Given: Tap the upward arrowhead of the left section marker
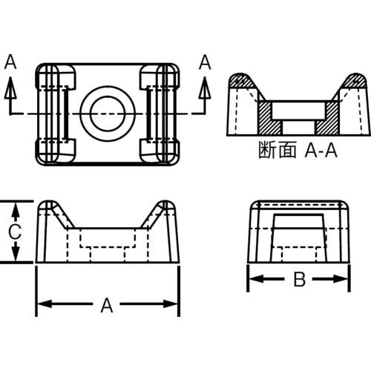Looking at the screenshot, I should click(10, 88).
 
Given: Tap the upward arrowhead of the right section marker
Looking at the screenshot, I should click(204, 88).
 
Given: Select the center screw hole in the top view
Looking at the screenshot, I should click(106, 113).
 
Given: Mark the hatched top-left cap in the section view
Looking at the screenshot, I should click(242, 79).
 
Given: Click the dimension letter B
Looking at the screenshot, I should click(298, 280).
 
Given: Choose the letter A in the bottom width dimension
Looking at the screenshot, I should click(107, 304).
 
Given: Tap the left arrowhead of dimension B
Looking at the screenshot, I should click(253, 280).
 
